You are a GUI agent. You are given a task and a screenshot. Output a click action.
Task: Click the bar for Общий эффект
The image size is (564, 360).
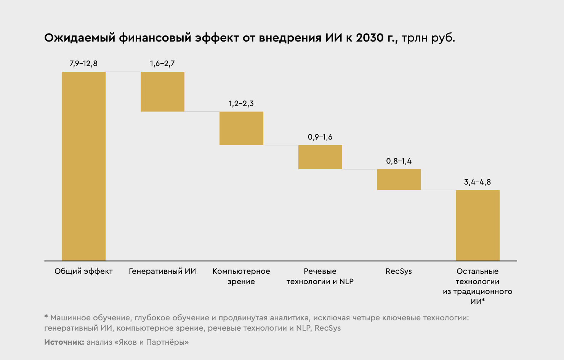83,166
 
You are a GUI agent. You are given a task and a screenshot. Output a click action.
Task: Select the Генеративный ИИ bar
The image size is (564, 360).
162,92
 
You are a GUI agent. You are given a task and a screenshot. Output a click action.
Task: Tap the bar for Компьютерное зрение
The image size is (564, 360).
241,128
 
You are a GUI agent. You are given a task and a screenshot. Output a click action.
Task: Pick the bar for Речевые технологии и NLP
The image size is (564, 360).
320,157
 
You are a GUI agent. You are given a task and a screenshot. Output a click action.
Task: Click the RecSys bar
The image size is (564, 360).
399,180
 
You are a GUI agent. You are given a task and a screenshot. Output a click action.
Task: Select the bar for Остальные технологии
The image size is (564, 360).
477,225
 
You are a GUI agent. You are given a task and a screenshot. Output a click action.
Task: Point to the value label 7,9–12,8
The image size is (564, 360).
83,64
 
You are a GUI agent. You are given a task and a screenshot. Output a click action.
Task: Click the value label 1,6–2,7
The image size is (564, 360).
162,64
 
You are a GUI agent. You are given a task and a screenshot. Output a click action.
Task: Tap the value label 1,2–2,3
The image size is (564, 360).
241,104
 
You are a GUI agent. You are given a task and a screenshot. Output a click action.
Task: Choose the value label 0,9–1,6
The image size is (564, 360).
320,137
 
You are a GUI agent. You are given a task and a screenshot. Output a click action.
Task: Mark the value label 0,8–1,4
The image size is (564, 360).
399,161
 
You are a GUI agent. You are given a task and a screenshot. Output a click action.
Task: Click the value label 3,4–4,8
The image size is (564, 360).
477,182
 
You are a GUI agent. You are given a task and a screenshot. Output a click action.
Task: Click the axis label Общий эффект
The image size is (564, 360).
83,272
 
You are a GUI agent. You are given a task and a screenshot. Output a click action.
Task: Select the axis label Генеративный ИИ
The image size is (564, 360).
162,272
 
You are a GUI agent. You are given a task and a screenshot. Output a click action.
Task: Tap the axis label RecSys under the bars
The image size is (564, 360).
399,272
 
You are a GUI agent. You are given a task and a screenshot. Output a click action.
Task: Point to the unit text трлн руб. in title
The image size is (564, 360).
428,38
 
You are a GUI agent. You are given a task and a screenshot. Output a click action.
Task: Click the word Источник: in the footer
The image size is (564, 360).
64,342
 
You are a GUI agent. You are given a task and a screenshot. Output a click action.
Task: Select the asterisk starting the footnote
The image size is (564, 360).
46,317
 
